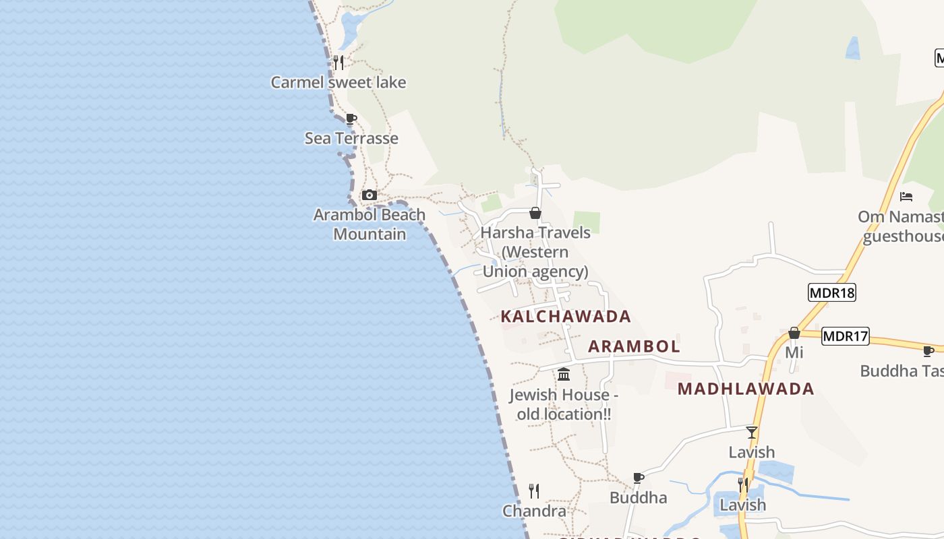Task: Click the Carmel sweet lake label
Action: click(x=338, y=82)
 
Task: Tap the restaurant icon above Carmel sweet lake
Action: click(x=338, y=63)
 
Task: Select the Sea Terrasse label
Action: click(x=351, y=138)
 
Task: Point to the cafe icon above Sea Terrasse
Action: click(x=351, y=119)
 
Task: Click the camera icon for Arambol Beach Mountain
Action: click(x=369, y=195)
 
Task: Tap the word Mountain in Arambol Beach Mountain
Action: click(x=370, y=234)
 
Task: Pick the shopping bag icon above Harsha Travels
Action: click(x=535, y=214)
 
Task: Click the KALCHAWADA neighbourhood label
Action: click(x=566, y=316)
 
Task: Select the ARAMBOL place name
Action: click(x=634, y=346)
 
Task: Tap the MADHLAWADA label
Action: click(x=746, y=389)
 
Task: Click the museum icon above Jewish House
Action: click(x=564, y=374)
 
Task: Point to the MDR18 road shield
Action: click(x=831, y=292)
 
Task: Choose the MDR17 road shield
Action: click(x=846, y=336)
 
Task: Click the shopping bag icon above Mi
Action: click(x=794, y=333)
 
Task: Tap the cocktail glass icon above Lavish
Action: click(x=752, y=433)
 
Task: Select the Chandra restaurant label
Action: click(x=534, y=511)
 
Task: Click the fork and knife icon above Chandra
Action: click(x=534, y=490)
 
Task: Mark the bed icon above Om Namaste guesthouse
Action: click(x=906, y=197)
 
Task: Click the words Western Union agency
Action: click(x=535, y=262)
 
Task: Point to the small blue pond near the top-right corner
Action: click(x=853, y=49)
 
